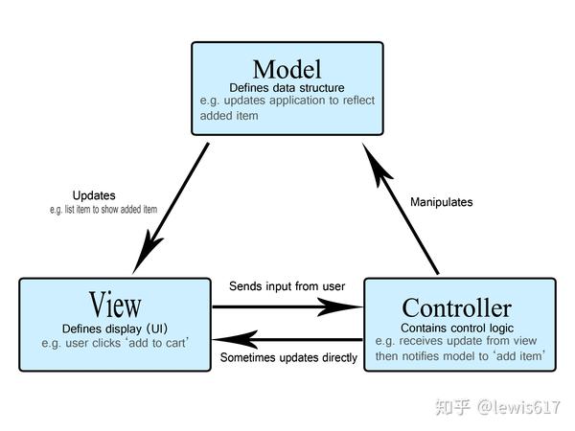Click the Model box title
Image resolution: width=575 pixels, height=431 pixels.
tap(287, 69)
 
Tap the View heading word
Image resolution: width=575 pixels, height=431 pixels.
tap(115, 305)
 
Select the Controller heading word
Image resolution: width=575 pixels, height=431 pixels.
tap(456, 307)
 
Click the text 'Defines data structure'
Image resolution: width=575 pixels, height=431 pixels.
tap(287, 87)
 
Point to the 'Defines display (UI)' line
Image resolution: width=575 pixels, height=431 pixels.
tap(115, 329)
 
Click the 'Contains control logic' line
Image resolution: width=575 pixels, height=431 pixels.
tap(457, 328)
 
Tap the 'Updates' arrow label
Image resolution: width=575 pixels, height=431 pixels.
tap(94, 195)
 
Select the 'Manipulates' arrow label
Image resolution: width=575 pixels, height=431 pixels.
tap(441, 202)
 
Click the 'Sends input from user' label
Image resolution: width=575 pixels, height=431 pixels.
tap(287, 286)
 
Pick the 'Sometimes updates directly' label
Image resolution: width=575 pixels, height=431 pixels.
tap(288, 357)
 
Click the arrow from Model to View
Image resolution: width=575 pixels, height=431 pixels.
tap(171, 208)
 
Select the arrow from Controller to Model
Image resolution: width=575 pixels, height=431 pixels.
tap(400, 209)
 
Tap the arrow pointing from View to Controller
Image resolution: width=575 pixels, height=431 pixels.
tap(287, 306)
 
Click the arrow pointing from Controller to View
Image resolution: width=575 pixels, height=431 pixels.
tap(287, 340)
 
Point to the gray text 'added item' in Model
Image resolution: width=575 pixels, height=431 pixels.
tap(229, 116)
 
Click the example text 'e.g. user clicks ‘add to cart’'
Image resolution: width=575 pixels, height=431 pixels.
tap(115, 343)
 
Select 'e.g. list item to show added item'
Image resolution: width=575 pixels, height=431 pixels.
tap(103, 210)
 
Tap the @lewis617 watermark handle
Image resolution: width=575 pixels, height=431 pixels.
tap(518, 407)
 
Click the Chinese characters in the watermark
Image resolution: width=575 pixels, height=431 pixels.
tap(453, 407)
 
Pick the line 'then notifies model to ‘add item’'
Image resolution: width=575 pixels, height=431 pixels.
tap(460, 356)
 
